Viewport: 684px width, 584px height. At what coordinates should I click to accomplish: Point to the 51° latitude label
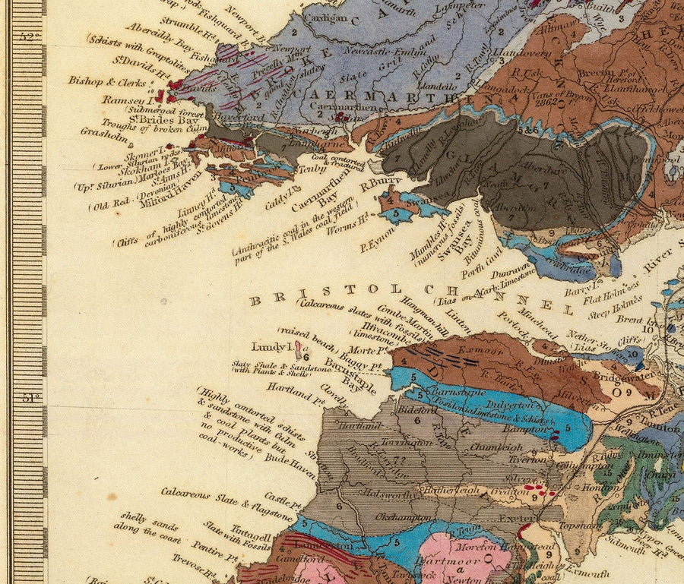(30, 396)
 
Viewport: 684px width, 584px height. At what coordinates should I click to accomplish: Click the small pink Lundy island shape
(298, 349)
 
